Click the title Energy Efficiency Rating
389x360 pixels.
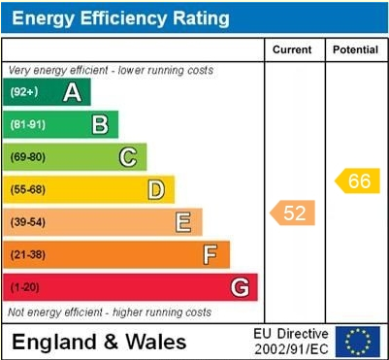click(119, 17)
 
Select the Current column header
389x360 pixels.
click(292, 49)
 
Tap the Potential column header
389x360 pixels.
click(354, 49)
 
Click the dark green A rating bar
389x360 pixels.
click(49, 92)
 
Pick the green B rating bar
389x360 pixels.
click(62, 124)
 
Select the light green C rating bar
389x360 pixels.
click(76, 157)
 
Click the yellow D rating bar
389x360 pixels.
click(89, 189)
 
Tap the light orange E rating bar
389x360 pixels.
click(104, 222)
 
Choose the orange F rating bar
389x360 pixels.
click(117, 254)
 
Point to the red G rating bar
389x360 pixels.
click(131, 287)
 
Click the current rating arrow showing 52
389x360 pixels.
click(292, 213)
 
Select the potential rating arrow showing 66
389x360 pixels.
click(356, 180)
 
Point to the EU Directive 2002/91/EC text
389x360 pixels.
click(291, 341)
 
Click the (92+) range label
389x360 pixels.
click(25, 92)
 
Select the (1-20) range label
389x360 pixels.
click(26, 287)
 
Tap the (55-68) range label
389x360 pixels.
click(28, 189)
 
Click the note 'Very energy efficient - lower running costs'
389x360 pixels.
click(111, 71)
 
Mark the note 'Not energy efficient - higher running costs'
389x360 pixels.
click(110, 312)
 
